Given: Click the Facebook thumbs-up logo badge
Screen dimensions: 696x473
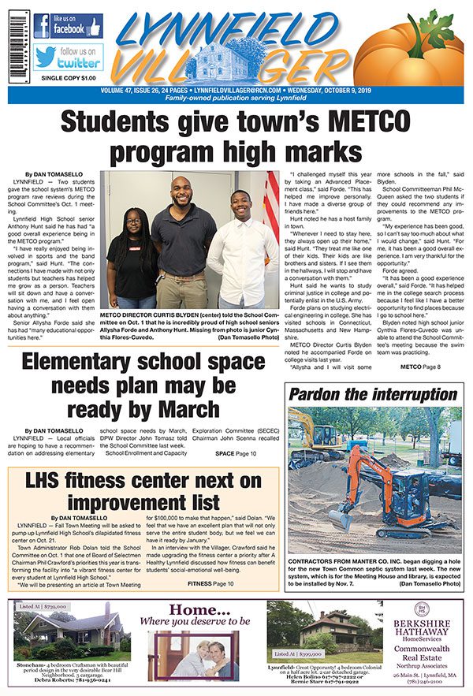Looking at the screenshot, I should (67, 25).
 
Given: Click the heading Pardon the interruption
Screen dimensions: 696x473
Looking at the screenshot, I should (374, 394).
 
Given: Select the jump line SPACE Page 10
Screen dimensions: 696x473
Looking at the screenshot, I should (236, 454).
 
